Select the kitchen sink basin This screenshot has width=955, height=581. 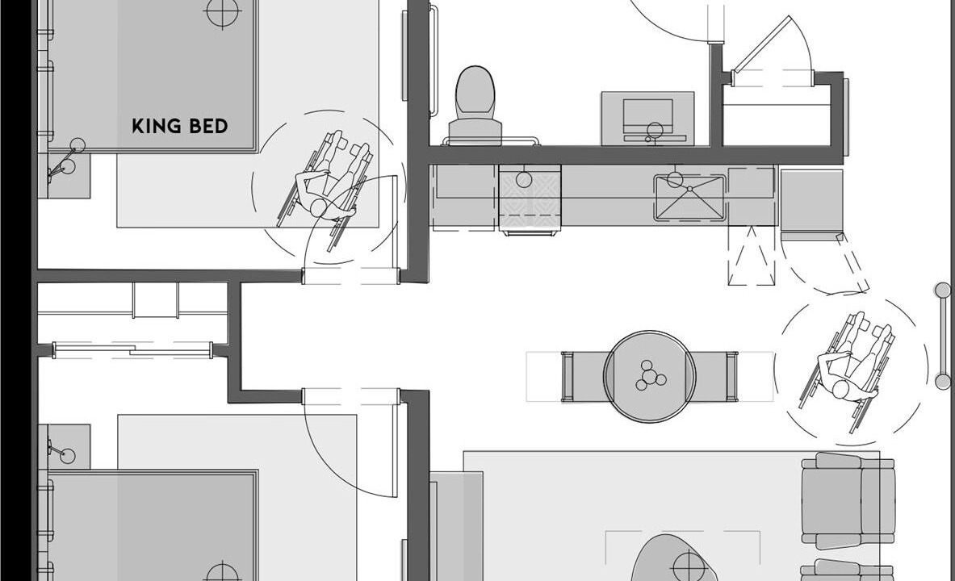point(690,198)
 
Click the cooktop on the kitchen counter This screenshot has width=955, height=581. point(530,198)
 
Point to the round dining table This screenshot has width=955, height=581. point(649,376)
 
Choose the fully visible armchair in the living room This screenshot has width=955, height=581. point(848,500)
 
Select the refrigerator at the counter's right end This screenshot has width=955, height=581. point(811,202)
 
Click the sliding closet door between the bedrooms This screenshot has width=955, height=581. point(132,349)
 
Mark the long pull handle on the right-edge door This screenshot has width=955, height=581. point(943,336)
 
